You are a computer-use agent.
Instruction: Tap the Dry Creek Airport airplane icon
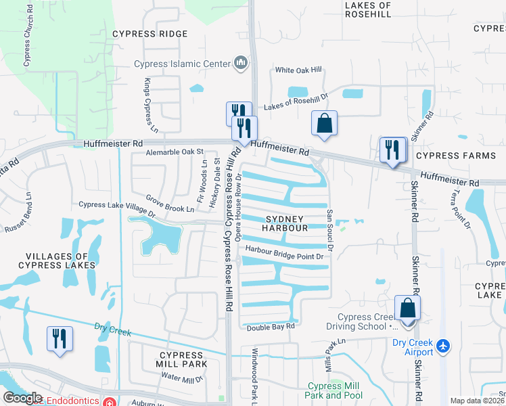tap(443, 346)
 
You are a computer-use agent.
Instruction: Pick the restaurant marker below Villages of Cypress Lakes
tap(59, 338)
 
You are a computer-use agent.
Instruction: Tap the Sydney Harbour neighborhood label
tap(286, 223)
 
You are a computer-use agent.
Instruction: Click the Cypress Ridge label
tap(149, 33)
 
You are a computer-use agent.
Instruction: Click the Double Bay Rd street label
tap(271, 326)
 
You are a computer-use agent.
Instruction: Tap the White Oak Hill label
tap(299, 70)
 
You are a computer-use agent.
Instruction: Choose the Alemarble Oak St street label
tap(175, 152)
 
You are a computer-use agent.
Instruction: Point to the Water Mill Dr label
tap(181, 379)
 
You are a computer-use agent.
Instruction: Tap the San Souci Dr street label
tap(330, 229)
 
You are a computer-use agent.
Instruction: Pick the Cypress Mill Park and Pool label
tap(333, 390)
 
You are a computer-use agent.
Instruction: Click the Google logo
tap(22, 398)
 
